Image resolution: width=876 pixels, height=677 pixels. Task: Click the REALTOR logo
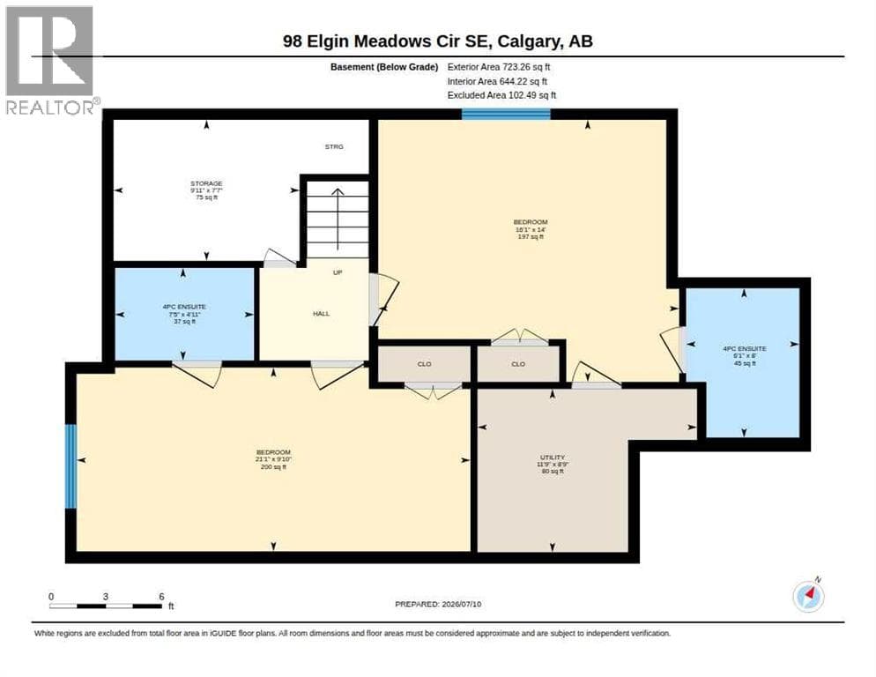[50, 60]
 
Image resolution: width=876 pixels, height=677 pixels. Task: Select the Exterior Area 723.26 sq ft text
[498, 66]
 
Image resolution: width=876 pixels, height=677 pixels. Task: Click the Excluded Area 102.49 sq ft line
[501, 95]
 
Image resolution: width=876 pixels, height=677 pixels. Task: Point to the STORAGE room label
[207, 190]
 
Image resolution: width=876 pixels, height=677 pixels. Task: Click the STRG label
[334, 146]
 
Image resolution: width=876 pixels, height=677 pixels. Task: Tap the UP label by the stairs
[338, 272]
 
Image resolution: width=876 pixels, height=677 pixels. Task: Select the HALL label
[322, 314]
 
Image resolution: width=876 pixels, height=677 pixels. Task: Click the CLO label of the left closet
[424, 364]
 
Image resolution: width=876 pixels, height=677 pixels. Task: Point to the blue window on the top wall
[506, 114]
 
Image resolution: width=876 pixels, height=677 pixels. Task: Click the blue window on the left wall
[71, 466]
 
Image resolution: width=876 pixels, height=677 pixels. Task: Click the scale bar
[106, 606]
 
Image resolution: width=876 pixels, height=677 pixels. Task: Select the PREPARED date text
[438, 604]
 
